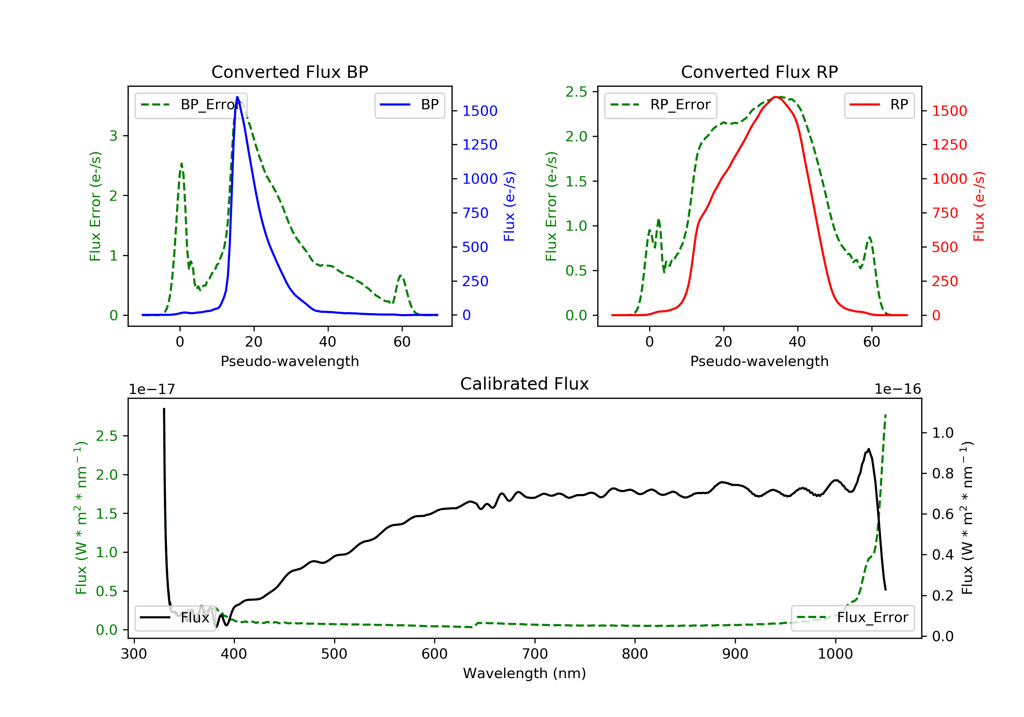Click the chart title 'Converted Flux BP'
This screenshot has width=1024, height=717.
289,72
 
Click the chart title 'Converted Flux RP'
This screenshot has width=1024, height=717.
759,72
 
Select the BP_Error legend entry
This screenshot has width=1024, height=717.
191,105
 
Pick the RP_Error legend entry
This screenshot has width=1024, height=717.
660,105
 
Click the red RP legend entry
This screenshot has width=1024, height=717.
879,105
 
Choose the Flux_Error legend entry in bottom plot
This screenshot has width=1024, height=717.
852,618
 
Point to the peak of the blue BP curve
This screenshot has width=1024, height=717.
237,97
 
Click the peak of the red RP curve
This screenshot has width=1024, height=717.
776,97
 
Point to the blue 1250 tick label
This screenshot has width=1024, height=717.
480,144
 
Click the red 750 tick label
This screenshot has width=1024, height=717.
945,213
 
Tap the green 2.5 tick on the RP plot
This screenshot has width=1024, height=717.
576,92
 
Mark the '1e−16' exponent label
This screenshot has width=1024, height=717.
897,389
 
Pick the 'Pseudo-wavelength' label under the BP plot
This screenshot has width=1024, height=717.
289,361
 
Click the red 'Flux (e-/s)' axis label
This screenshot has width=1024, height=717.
979,206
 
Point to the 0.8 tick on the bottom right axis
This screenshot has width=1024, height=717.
942,473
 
